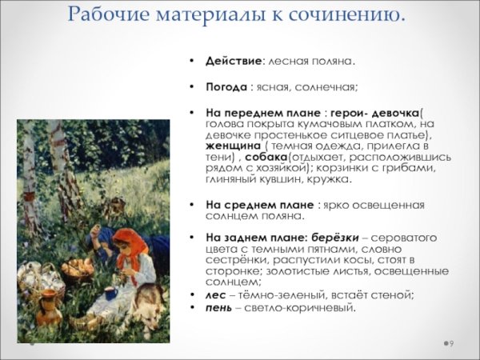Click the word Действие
click(232, 62)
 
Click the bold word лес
click(214, 294)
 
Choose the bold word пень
click(218, 307)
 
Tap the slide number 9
click(451, 343)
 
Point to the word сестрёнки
click(237, 260)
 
